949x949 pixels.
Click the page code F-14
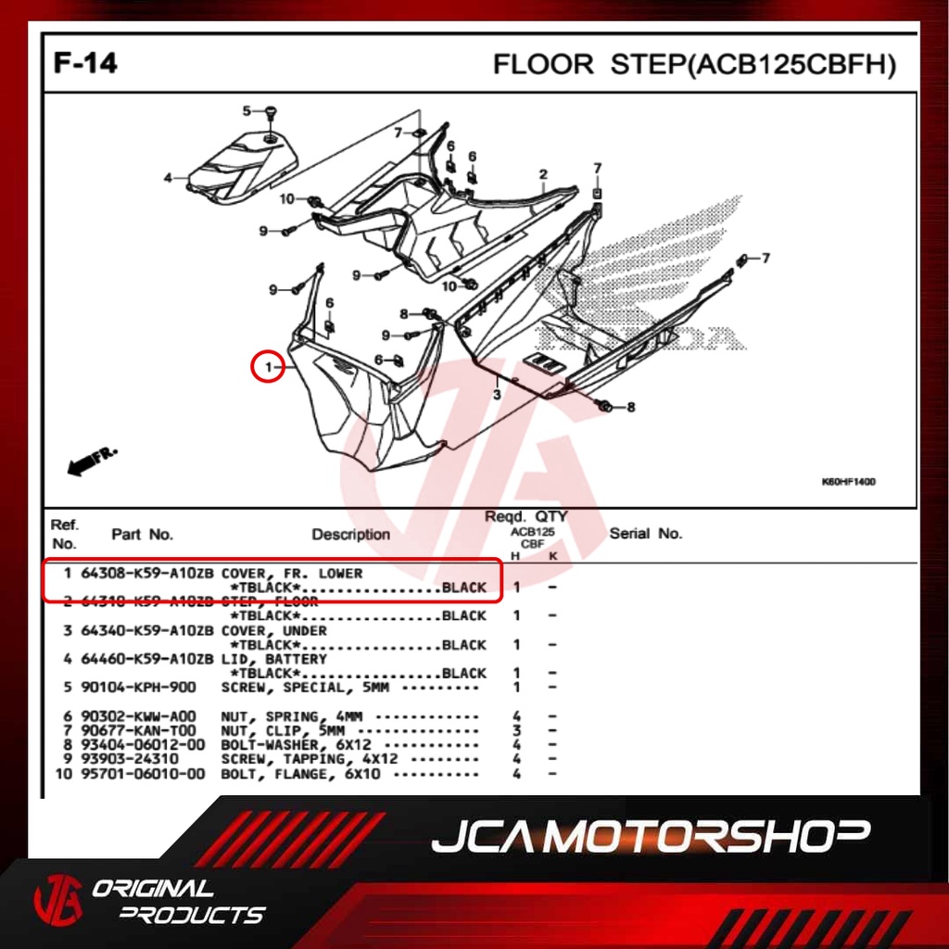tap(85, 64)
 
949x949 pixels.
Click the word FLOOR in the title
tap(543, 65)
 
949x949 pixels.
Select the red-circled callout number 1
tap(268, 368)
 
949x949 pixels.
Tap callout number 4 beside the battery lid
tap(169, 178)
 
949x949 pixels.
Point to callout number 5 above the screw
tap(247, 111)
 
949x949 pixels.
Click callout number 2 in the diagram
tap(543, 174)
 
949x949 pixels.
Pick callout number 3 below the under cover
tap(497, 396)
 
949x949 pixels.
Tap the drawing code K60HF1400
tap(848, 482)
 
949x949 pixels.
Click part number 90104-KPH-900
tap(137, 688)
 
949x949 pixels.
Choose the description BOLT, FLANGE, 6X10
tap(300, 774)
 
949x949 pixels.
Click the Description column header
tap(350, 535)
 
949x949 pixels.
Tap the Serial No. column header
tap(645, 533)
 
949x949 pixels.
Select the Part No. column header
tap(142, 535)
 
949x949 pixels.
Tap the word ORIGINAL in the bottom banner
tap(153, 889)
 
